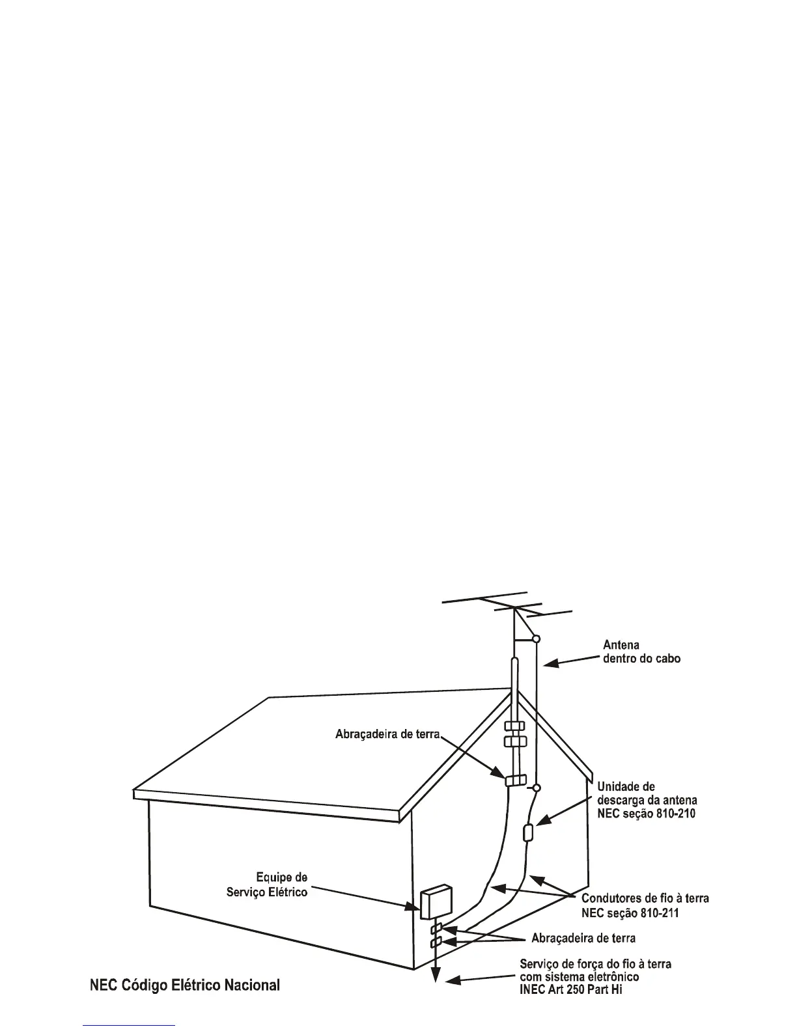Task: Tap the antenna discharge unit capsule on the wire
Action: (528, 832)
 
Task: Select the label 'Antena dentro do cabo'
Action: (642, 652)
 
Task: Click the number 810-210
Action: (674, 814)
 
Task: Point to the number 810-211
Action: (656, 913)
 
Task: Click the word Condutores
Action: (613, 898)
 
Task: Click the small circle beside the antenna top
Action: (536, 639)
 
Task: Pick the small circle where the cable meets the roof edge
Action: (536, 788)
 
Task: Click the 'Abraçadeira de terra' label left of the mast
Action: (388, 734)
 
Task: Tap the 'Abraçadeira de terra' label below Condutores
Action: (583, 938)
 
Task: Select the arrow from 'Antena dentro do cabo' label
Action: (569, 661)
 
